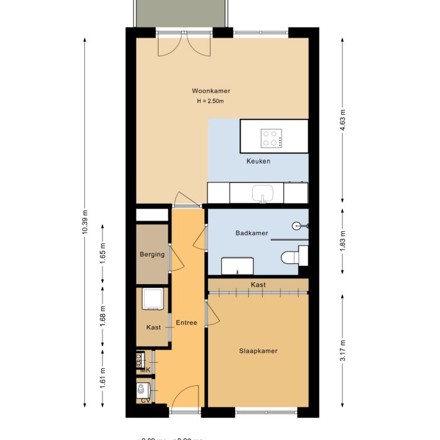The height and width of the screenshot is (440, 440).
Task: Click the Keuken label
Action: (x=258, y=162)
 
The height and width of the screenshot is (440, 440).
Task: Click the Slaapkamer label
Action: (x=258, y=351)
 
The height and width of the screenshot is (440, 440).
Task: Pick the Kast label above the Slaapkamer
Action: (x=258, y=285)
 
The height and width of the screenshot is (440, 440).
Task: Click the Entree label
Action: (x=186, y=323)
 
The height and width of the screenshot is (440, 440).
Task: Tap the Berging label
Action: (x=152, y=255)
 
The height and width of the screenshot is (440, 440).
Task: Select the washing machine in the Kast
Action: (x=153, y=299)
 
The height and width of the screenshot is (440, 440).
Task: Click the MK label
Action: (x=145, y=370)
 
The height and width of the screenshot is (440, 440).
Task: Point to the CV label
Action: (x=145, y=400)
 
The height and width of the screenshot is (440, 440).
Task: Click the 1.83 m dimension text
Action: (x=343, y=241)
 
